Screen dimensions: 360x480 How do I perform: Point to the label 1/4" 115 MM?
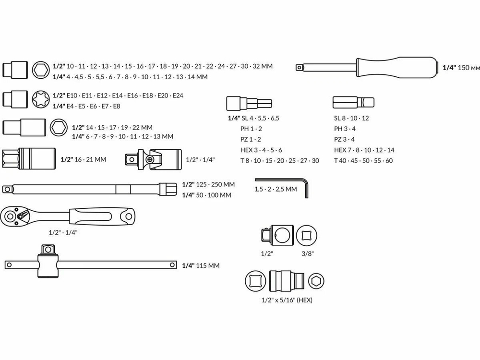coord(201,265)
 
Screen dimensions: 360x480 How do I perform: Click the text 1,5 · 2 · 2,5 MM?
coord(276,189)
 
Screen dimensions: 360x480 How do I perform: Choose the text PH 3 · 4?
coord(345,129)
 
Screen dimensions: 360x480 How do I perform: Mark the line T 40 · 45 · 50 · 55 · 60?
coord(363,160)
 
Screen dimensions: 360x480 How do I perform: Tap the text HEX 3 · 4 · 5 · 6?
coord(261,150)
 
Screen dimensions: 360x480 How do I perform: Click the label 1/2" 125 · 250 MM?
coord(208,184)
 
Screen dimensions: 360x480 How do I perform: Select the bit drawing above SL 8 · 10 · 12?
coord(353,103)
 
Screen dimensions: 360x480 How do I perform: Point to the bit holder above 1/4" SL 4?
coord(249,103)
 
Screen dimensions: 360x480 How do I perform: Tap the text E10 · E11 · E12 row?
coord(118,96)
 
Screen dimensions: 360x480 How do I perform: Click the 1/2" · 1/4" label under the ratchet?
coord(63,232)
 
